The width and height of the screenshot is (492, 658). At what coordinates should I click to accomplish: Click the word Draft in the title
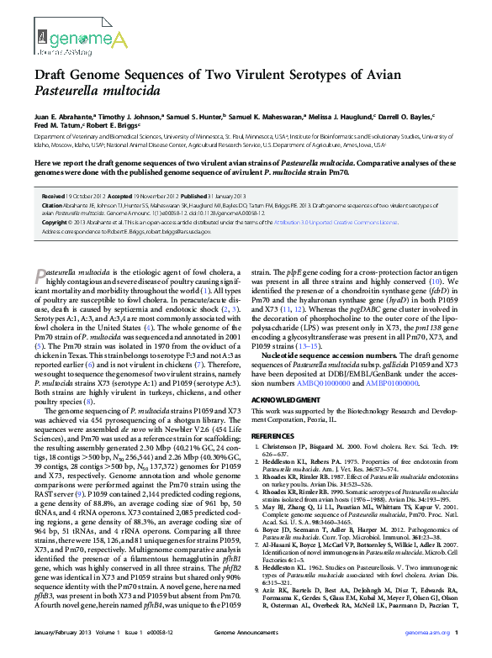[x=53, y=73]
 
